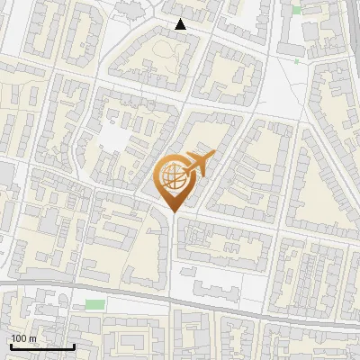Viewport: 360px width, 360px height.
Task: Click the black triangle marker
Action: click(x=181, y=24)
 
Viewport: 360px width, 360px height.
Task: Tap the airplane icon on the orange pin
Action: click(x=198, y=165)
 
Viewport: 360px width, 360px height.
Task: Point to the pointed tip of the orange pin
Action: click(x=173, y=212)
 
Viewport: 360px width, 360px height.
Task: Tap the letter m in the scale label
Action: click(x=33, y=338)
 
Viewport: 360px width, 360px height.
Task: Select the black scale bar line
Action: click(x=42, y=346)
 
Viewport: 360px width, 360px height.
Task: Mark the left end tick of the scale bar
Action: click(x=11, y=345)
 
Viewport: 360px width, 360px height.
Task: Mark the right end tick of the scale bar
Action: click(x=74, y=345)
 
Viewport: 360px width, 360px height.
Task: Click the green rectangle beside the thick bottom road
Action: click(x=94, y=304)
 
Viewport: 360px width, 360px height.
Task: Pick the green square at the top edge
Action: click(x=296, y=10)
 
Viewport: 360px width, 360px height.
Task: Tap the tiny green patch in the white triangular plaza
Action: click(x=297, y=61)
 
